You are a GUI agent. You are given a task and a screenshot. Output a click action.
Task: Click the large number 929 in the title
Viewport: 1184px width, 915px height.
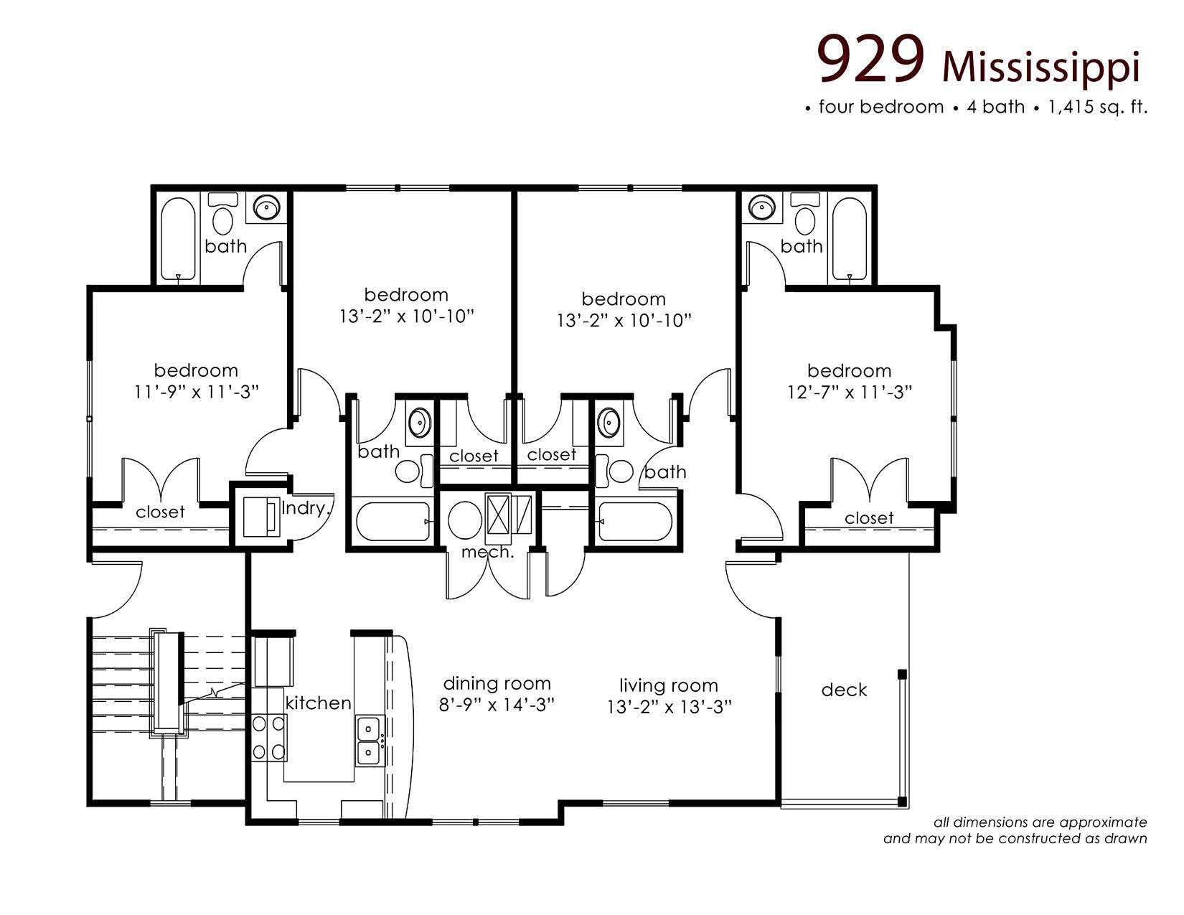[871, 60]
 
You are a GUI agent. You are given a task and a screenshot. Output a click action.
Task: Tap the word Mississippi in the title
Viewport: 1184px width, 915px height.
[1040, 68]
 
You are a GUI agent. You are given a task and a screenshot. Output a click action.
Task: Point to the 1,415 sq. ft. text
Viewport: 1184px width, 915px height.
[1098, 108]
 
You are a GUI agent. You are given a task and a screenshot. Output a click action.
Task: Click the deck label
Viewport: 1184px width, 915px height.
[844, 690]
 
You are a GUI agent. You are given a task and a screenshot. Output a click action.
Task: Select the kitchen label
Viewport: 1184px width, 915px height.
[318, 703]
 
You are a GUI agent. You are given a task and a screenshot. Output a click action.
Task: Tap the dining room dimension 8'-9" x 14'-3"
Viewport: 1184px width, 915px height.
[497, 705]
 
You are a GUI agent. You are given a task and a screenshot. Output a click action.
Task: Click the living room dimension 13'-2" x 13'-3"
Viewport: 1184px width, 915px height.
[669, 708]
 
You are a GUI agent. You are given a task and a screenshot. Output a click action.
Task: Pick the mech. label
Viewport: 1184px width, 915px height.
[487, 553]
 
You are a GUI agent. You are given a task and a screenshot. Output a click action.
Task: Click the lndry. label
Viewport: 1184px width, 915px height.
[305, 509]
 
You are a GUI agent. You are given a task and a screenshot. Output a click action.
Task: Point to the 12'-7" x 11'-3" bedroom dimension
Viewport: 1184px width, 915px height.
[849, 393]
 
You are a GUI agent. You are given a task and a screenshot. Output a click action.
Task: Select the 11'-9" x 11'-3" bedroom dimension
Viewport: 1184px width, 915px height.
[196, 392]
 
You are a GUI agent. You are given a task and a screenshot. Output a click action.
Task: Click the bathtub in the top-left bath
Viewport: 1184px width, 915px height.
[178, 239]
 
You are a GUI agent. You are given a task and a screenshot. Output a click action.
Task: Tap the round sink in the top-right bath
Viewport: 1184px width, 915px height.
[761, 208]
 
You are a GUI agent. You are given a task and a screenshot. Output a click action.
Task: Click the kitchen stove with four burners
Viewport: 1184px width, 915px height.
[269, 738]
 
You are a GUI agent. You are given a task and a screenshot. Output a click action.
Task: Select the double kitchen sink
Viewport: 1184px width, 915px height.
[369, 741]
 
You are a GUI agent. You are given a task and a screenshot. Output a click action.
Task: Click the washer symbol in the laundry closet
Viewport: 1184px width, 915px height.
[260, 517]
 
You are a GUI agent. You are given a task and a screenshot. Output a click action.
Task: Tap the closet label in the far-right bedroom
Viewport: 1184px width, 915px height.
[869, 518]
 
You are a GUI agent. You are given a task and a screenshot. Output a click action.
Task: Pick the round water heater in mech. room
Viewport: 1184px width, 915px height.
[464, 520]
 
